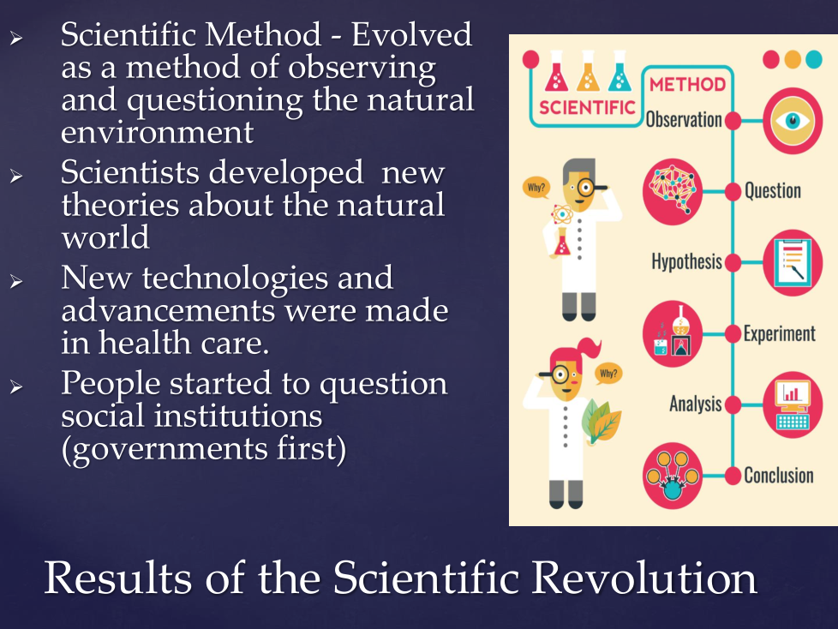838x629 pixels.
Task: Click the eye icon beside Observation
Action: (793, 121)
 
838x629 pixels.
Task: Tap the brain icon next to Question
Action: (673, 191)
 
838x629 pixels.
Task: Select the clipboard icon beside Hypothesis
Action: (793, 262)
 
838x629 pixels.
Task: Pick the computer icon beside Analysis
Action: (793, 404)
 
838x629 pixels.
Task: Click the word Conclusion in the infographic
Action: (779, 475)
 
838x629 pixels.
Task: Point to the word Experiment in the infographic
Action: (779, 333)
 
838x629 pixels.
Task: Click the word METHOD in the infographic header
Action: (687, 85)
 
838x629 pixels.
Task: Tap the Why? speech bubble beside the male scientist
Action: (536, 188)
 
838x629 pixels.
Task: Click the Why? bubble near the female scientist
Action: (608, 374)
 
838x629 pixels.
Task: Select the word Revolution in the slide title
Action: (644, 578)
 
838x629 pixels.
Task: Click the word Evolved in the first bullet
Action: (411, 35)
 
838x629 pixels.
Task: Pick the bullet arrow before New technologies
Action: (16, 281)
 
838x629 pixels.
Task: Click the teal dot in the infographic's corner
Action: (813, 59)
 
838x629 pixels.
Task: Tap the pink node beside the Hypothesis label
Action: (733, 262)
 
